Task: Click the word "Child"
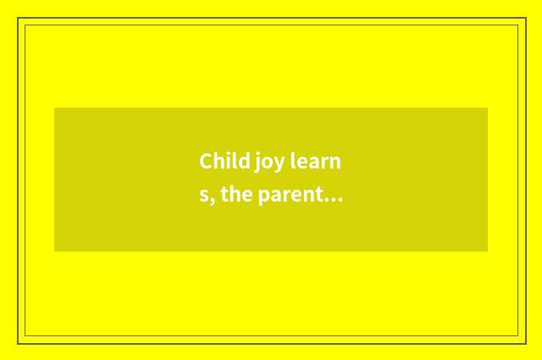pos(218,161)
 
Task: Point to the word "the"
pos(238,195)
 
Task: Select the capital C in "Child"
pos(206,161)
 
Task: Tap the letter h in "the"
pos(237,195)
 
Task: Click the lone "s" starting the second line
pos(203,197)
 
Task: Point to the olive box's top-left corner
pos(54,108)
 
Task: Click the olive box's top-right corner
pos(488,108)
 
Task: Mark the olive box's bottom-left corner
pos(54,252)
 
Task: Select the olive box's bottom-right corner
pos(488,252)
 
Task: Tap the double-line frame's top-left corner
pos(19,19)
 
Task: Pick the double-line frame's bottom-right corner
pos(525,343)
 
